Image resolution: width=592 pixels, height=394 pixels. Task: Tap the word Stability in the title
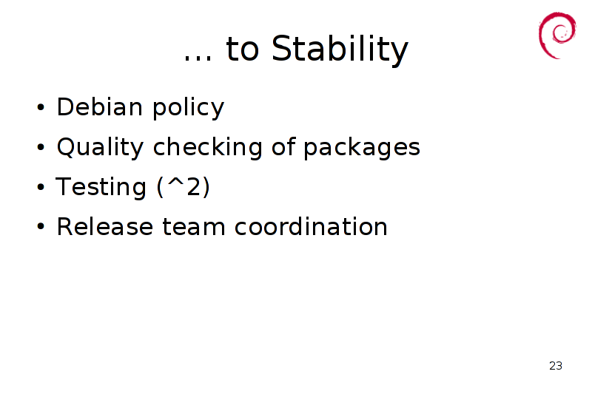[340, 50]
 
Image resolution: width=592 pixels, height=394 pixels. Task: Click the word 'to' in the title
[242, 50]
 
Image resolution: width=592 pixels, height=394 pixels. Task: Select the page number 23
[556, 366]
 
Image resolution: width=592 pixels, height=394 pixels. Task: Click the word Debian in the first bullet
[100, 106]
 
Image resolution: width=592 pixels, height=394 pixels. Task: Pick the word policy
[189, 108]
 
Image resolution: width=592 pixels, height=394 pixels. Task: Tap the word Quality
[100, 147]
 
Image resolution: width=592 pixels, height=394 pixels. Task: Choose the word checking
[208, 147]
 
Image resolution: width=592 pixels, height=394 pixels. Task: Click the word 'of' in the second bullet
[283, 146]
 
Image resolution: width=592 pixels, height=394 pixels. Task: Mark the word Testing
[101, 187]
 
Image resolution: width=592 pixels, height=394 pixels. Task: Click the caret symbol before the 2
[175, 181]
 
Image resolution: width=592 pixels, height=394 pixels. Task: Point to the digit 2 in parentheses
[194, 186]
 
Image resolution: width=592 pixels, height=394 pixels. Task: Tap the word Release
[105, 227]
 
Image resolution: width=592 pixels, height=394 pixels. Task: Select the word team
[194, 228]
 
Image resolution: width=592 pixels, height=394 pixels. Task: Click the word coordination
[311, 226]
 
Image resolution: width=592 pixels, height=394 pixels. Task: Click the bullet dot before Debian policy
[41, 107]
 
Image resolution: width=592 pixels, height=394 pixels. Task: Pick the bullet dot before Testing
[41, 187]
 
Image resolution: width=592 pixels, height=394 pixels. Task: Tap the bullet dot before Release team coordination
[41, 227]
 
